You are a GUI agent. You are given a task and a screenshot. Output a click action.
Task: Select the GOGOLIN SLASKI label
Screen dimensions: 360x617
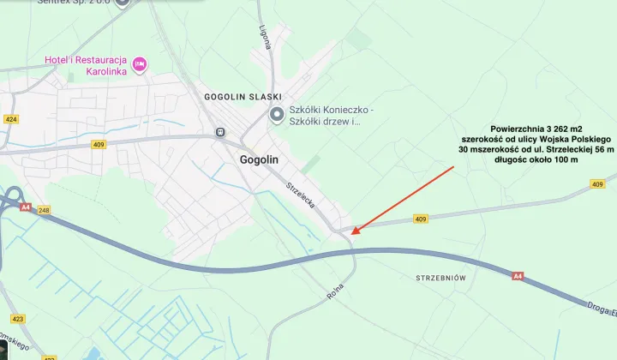click(243, 97)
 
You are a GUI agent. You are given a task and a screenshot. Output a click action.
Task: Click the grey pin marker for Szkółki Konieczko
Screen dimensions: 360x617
click(276, 115)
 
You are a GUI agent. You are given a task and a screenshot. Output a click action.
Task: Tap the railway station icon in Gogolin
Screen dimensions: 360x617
click(220, 132)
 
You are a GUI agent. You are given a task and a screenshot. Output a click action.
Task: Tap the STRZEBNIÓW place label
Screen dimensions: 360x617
click(440, 279)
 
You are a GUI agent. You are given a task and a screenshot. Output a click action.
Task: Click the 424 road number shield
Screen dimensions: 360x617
click(10, 119)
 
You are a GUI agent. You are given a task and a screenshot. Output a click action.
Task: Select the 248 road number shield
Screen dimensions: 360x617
click(45, 209)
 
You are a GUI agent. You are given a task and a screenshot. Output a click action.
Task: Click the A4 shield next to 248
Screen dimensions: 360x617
click(26, 207)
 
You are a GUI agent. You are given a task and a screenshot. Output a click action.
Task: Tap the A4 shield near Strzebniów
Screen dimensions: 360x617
click(518, 276)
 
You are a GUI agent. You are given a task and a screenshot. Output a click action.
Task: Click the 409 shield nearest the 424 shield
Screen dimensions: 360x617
click(99, 145)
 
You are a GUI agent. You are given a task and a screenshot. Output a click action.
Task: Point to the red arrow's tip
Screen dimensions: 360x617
click(352, 233)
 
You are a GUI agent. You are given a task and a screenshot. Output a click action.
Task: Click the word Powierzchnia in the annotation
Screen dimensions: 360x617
click(518, 128)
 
